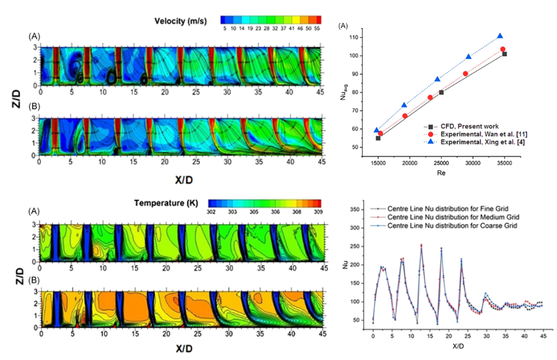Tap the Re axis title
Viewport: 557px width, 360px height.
[x=441, y=173]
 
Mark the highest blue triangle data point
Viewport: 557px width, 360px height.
[x=500, y=36]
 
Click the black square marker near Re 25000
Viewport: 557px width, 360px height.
[x=441, y=92]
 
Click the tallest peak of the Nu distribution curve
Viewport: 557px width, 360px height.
[x=421, y=245]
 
